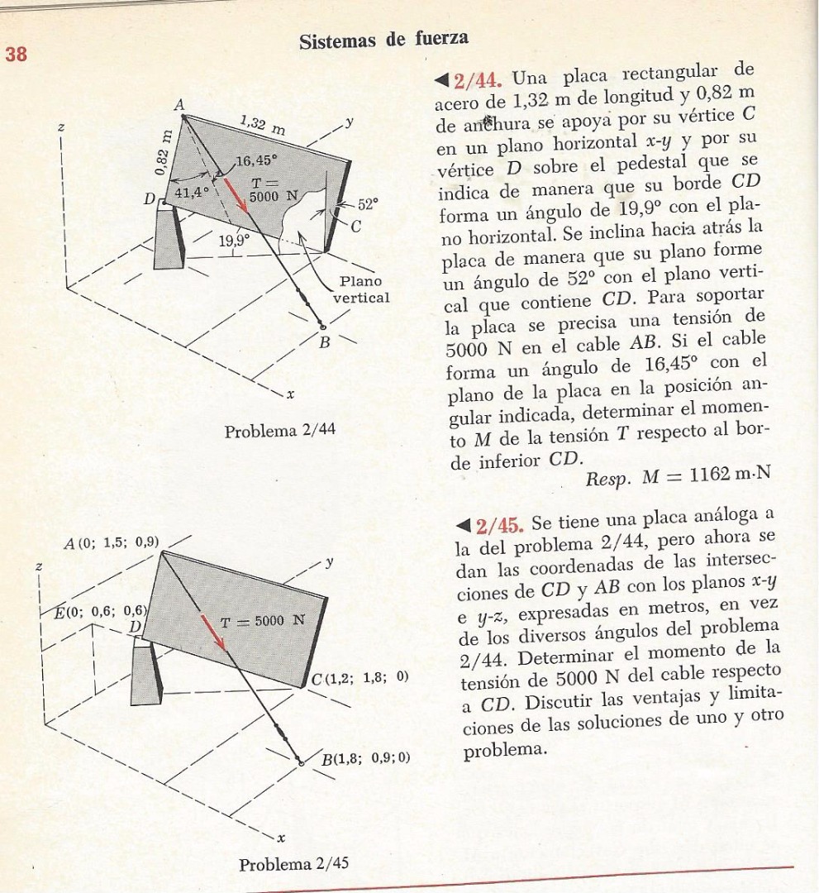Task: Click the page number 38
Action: click(x=17, y=55)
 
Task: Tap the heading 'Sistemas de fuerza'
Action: click(x=383, y=38)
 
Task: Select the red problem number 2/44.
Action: click(x=475, y=81)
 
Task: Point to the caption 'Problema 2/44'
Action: click(x=280, y=430)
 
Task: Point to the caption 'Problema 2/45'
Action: click(x=294, y=864)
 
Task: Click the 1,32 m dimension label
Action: click(x=262, y=127)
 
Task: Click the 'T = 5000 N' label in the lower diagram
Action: click(x=262, y=620)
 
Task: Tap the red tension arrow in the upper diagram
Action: click(x=239, y=196)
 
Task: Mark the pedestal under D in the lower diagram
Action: click(x=146, y=673)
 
